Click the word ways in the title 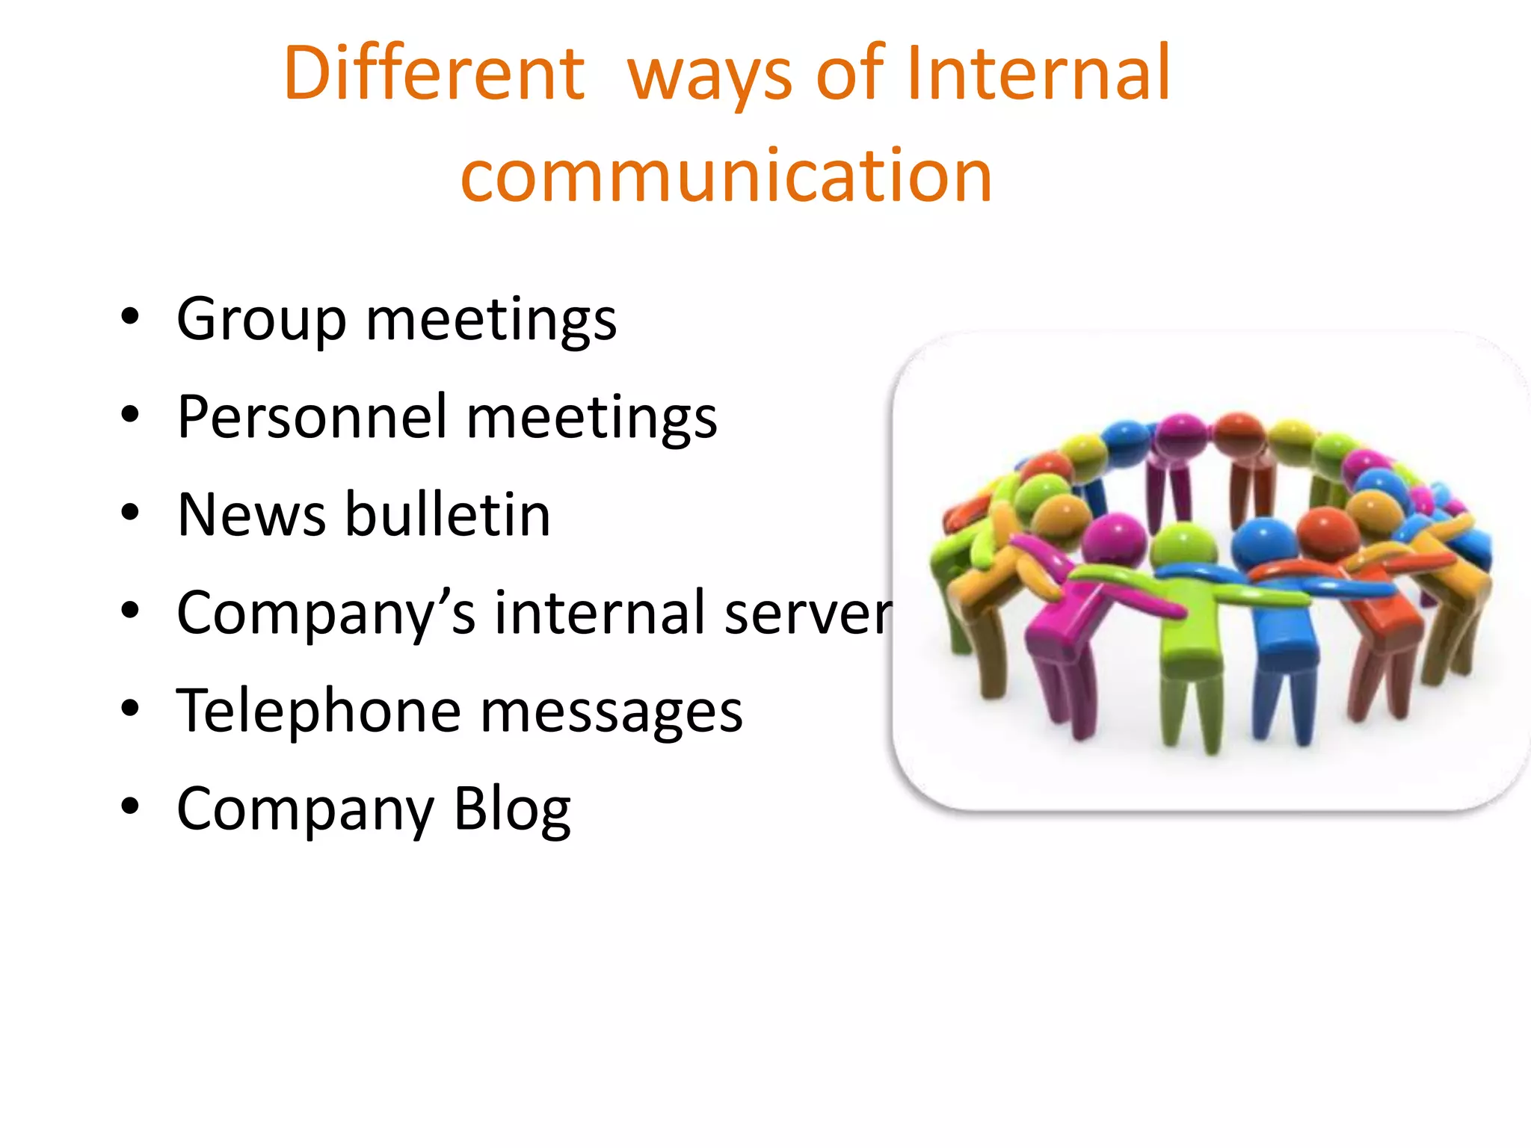pos(709,78)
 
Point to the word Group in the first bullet pos(262,320)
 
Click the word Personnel pos(312,417)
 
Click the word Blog pos(512,810)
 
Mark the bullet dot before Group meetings pos(130,317)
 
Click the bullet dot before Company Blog pos(130,806)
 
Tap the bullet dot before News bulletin pos(130,513)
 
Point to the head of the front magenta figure pos(1114,540)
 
